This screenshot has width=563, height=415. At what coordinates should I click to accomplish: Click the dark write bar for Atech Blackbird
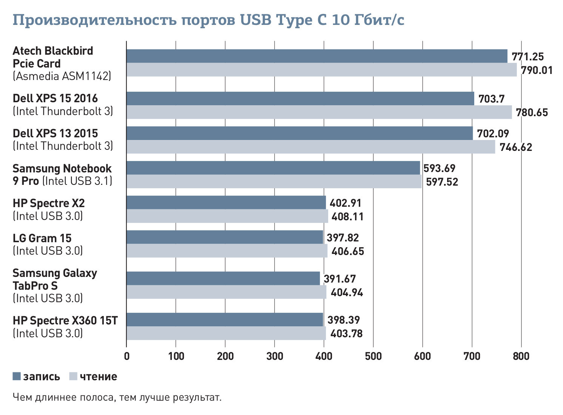point(316,56)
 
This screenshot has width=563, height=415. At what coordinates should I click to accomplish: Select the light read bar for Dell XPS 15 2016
point(319,112)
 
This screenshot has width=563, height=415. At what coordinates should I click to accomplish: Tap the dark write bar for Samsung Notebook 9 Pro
point(273,168)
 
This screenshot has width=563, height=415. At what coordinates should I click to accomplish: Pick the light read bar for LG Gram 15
point(227,251)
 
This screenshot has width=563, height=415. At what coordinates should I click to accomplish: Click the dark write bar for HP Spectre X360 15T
point(225,320)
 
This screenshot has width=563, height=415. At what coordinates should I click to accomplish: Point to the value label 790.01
point(537,70)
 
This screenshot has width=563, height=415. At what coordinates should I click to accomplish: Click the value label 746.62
point(516,147)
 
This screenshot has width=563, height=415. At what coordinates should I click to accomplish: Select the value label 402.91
point(346,203)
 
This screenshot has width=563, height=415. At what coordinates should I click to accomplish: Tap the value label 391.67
point(339,279)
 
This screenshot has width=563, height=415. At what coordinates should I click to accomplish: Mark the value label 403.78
point(346,334)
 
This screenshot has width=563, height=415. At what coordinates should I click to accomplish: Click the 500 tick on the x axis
point(373,356)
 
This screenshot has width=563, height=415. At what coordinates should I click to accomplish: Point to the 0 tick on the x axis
point(126,356)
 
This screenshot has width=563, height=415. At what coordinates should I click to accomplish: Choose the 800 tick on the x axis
point(521,356)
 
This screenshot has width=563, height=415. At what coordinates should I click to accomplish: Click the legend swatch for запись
point(17,376)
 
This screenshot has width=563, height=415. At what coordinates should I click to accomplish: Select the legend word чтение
point(98,377)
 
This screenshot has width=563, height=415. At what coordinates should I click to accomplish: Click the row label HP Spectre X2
point(49,203)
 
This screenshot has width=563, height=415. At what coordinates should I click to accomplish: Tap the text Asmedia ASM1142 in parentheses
point(62,76)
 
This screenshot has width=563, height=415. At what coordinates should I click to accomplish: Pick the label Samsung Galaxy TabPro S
point(55,279)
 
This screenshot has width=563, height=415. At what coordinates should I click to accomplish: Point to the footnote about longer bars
point(117,397)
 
